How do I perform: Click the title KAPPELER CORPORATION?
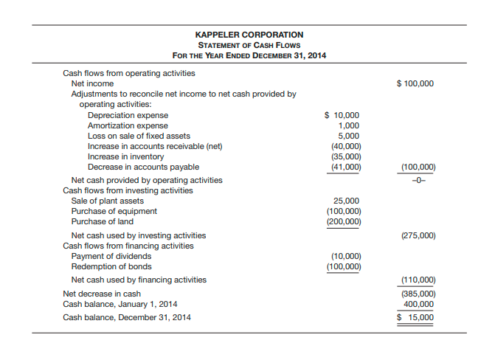point(249,35)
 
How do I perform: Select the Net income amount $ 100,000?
point(415,83)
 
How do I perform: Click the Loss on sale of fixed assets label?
point(139,136)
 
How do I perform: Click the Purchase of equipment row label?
point(114,211)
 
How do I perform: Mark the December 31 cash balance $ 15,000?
point(416,318)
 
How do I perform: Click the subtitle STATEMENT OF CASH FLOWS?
point(249,45)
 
